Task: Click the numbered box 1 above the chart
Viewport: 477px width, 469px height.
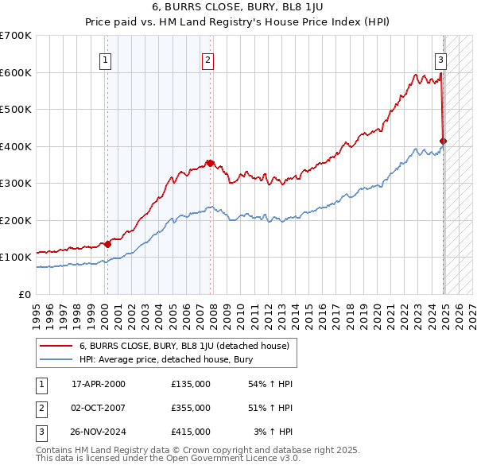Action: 107,59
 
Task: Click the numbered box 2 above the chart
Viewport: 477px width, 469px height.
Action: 207,59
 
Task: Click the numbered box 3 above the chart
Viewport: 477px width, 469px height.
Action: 440,59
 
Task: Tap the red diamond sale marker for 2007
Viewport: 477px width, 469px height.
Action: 210,164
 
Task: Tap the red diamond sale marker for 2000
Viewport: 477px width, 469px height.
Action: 107,245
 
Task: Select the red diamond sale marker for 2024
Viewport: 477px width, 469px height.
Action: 444,141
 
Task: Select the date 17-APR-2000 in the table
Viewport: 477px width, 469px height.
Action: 99,384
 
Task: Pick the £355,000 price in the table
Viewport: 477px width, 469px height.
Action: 191,408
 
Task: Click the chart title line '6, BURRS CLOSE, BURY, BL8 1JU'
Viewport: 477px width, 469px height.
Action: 238,10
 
